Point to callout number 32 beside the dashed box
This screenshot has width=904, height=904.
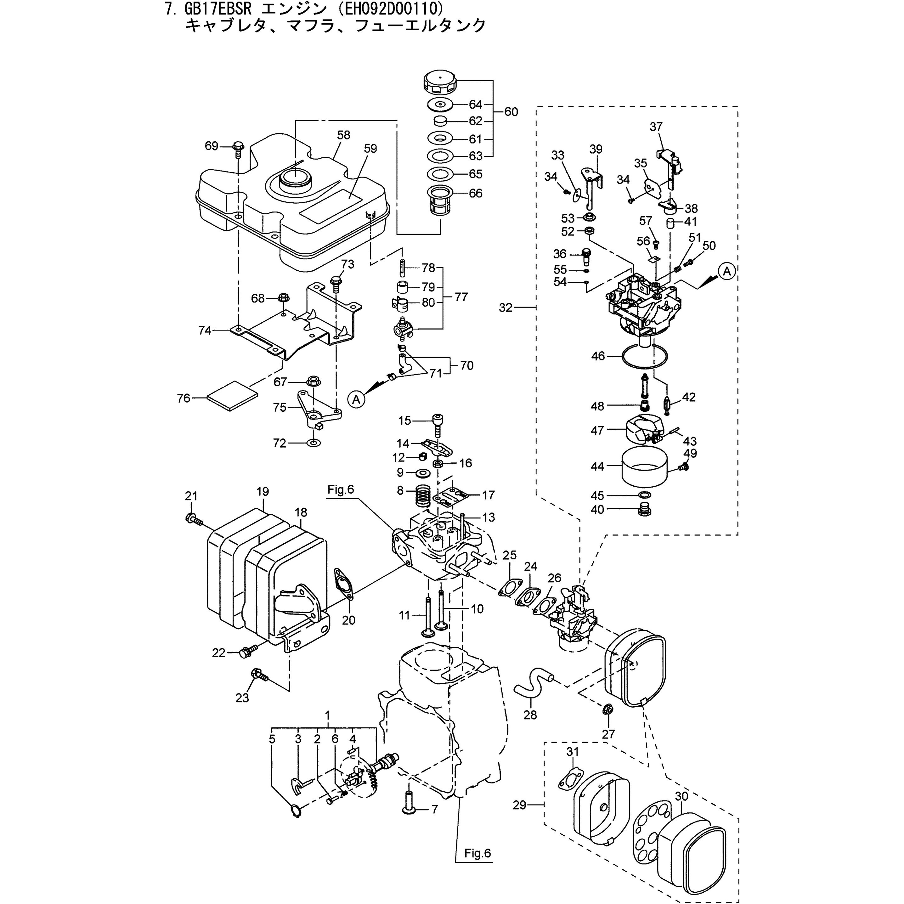(x=506, y=308)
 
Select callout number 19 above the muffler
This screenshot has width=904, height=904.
(x=263, y=492)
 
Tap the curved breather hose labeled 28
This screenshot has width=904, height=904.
(x=534, y=686)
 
